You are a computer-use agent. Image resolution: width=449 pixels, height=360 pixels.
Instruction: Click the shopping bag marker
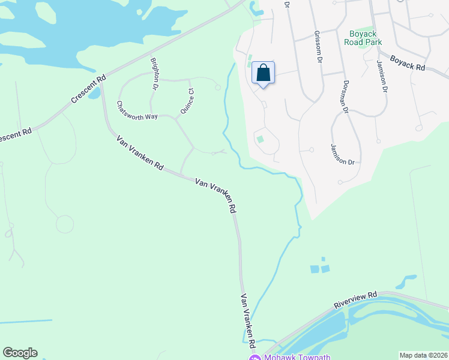pyautogui.click(x=263, y=73)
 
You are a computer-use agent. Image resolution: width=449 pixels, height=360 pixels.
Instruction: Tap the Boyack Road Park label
pyautogui.click(x=362, y=38)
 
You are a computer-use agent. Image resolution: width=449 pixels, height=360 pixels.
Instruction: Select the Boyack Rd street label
pyautogui.click(x=407, y=64)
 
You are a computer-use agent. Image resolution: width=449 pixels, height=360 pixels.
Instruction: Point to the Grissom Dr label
pyautogui.click(x=318, y=47)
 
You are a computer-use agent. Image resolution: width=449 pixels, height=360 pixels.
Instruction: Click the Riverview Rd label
pyautogui.click(x=355, y=301)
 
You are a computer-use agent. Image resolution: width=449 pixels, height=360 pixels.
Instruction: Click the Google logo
pyautogui.click(x=20, y=353)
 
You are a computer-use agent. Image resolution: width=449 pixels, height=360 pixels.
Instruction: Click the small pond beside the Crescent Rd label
pyautogui.click(x=94, y=94)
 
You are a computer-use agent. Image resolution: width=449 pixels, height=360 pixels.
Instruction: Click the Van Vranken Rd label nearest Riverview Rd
pyautogui.click(x=248, y=322)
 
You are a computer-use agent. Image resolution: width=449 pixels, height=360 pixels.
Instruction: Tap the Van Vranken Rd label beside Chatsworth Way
pyautogui.click(x=140, y=154)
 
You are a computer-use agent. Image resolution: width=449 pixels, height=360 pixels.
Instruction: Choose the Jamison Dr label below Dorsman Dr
pyautogui.click(x=343, y=155)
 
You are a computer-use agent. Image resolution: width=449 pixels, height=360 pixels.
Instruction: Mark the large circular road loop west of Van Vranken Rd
pyautogui.click(x=64, y=224)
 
